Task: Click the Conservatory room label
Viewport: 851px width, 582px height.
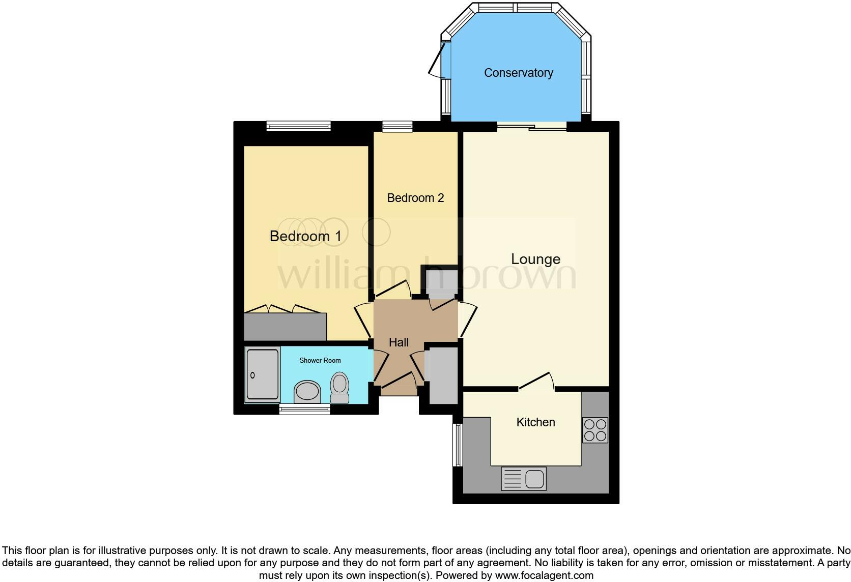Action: pos(518,73)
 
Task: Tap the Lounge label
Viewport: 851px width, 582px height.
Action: pos(535,259)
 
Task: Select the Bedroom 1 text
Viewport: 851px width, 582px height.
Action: pos(305,236)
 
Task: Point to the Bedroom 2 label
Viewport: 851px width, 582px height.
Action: pos(415,198)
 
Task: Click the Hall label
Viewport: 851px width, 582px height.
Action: pos(399,342)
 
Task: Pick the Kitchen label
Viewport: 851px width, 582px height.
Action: pos(535,422)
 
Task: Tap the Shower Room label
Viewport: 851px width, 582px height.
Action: pos(320,360)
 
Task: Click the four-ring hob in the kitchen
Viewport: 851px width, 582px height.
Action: pos(595,430)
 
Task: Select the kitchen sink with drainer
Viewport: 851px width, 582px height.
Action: pos(524,479)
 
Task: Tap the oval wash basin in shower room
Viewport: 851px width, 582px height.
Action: pos(307,392)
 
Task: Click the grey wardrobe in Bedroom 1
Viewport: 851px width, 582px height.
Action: pos(285,327)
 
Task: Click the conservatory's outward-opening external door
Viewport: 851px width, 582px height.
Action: pos(437,60)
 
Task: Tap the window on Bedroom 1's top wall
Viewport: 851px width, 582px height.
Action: pos(299,126)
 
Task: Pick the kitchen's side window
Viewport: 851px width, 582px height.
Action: pos(458,445)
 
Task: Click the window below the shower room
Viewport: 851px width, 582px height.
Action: pos(305,409)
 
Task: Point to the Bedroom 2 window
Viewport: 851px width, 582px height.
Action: pos(398,126)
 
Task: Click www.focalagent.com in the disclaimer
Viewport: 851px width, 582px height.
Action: pos(544,575)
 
